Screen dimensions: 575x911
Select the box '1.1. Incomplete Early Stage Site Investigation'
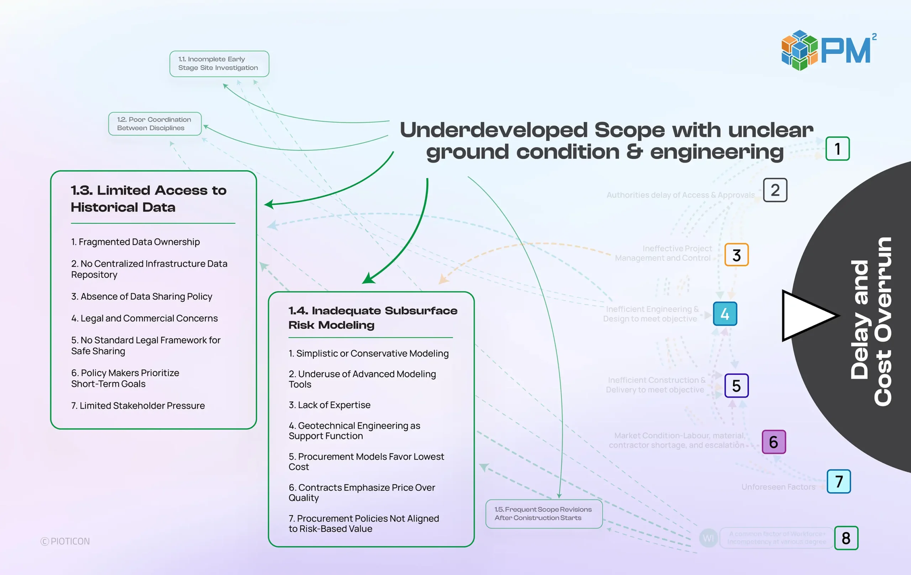219,64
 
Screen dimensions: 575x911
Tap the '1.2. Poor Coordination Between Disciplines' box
155,124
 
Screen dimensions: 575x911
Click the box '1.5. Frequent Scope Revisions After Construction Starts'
544,514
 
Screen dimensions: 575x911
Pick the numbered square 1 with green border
837,149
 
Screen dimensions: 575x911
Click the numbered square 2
775,190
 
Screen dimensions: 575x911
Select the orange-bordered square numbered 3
736,255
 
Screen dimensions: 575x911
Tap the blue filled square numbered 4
725,314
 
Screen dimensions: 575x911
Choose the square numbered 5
736,385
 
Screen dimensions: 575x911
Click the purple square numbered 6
773,442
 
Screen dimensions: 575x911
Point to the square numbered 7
838,481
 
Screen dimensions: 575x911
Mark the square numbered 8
846,538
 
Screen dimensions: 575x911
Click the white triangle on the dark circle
806,316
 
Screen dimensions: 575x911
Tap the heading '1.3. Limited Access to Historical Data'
148,198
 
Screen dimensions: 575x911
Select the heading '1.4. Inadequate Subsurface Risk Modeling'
373,318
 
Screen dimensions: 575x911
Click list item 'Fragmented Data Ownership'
136,242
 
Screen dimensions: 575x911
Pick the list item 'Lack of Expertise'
330,405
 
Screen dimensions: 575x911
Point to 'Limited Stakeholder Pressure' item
138,406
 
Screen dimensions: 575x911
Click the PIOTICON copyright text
65,541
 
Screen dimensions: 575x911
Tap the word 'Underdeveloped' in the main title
493,130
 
